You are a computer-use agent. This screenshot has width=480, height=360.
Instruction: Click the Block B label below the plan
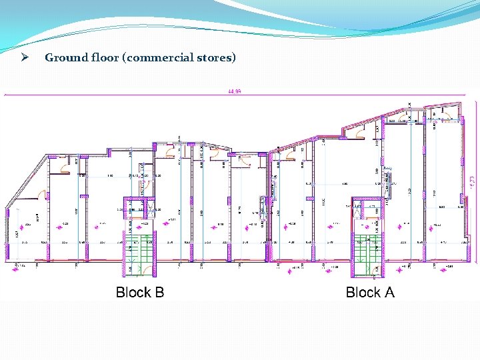[x=140, y=292]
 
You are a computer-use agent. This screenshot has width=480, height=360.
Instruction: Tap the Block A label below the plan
[x=370, y=292]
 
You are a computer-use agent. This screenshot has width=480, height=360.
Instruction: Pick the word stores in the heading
[x=214, y=57]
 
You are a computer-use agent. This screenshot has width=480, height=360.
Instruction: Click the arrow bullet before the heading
[x=23, y=57]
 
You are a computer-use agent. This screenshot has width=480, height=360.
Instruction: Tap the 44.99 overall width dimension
[x=234, y=91]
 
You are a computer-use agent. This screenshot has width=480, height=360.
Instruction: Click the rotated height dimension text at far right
[x=473, y=180]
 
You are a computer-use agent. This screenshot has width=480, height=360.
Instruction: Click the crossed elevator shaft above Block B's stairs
[x=139, y=207]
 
